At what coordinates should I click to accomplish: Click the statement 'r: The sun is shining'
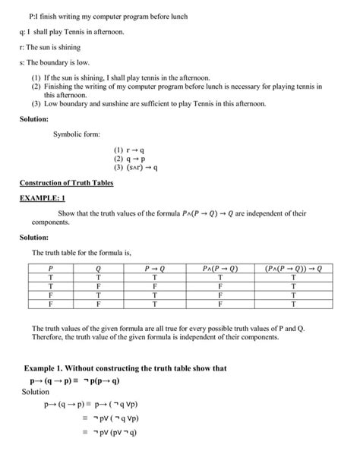(x=55, y=46)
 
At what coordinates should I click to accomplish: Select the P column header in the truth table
(x=50, y=268)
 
